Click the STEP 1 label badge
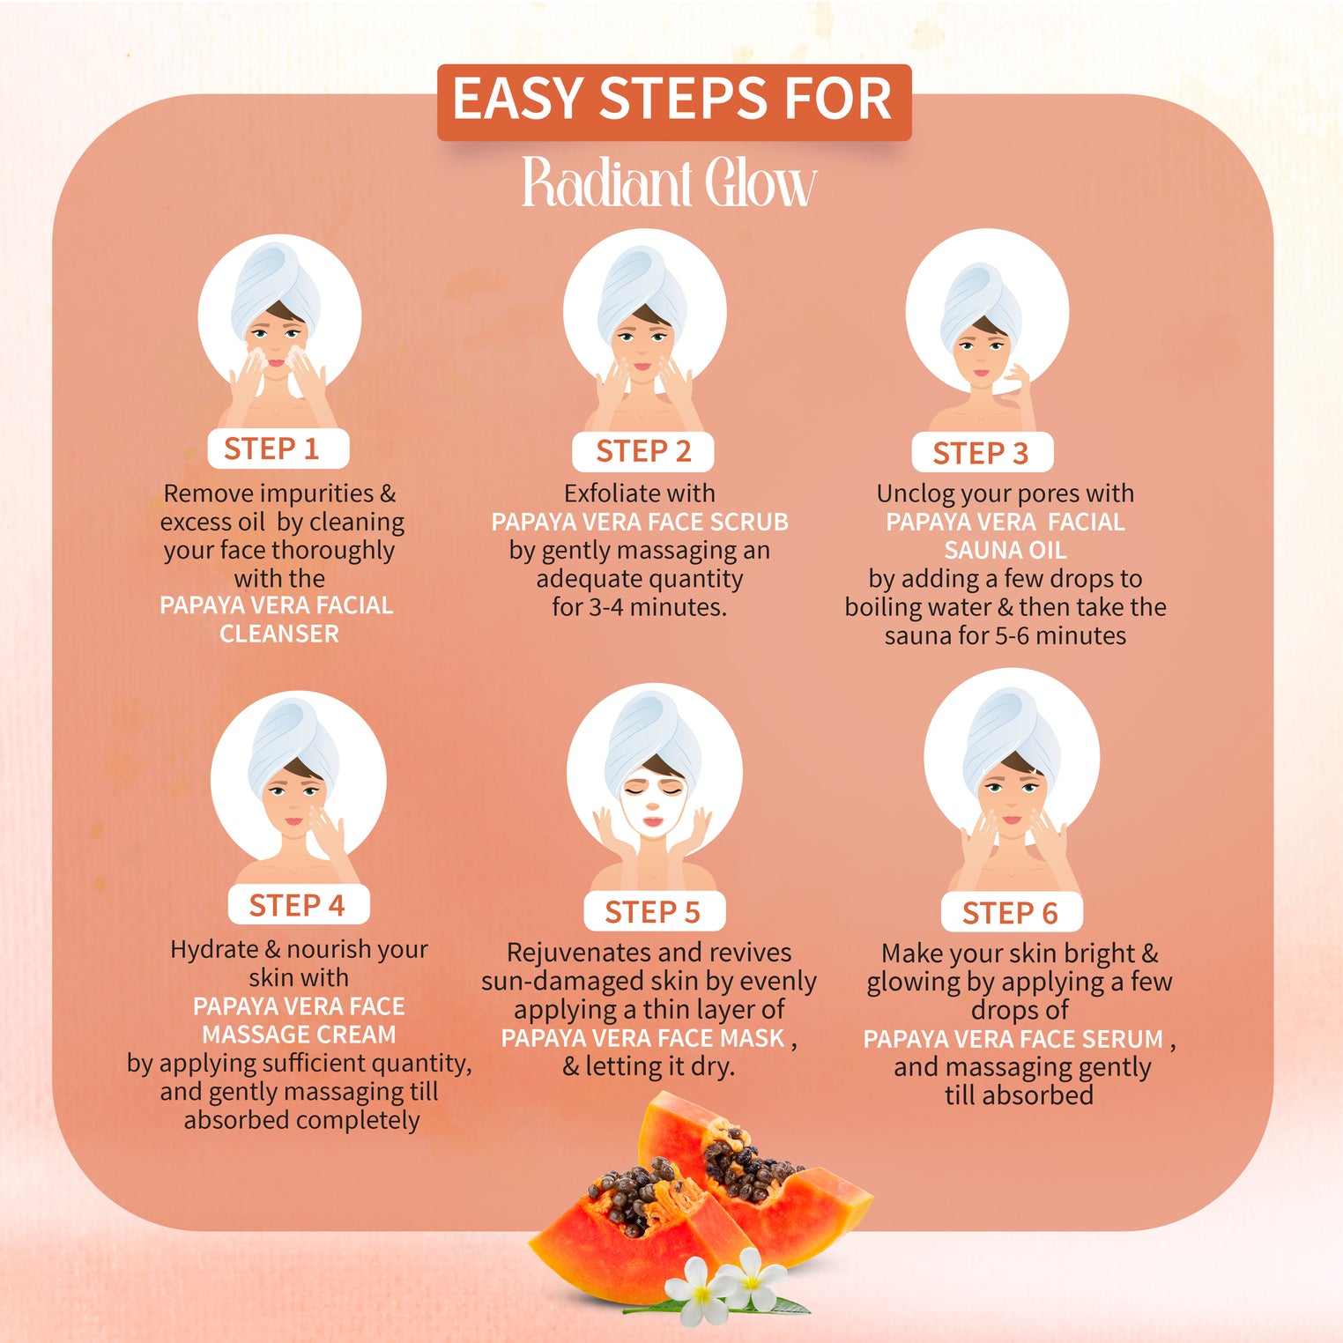(278, 449)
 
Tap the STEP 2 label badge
(642, 451)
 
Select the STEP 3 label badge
(981, 453)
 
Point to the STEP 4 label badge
(298, 905)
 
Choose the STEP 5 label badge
(653, 912)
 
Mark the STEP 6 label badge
(1011, 913)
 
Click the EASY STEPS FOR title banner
(673, 100)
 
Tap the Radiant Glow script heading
(670, 183)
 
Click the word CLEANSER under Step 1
(278, 634)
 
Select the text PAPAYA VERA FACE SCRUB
(640, 522)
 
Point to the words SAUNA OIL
(1005, 551)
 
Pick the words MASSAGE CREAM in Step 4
(299, 1035)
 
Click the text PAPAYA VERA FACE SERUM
(1013, 1039)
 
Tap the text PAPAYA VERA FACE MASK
(642, 1038)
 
